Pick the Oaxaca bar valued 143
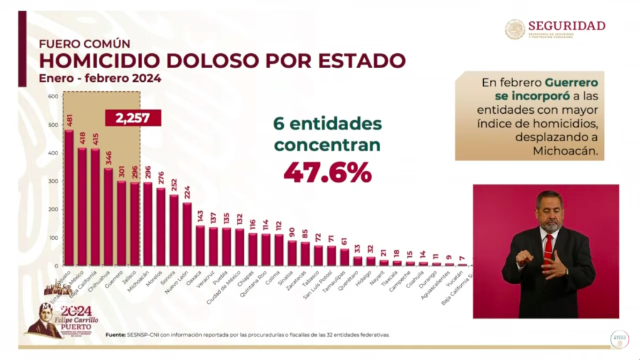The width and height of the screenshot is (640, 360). click(x=200, y=245)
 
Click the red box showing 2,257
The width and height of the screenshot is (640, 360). click(x=133, y=117)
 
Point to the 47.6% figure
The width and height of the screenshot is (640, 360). click(x=327, y=172)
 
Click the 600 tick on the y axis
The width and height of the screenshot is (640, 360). click(x=52, y=96)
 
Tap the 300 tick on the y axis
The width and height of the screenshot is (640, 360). click(x=52, y=181)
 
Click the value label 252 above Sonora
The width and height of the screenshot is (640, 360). click(x=174, y=186)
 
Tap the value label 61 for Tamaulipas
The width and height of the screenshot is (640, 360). click(x=344, y=241)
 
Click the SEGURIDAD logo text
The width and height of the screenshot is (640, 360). click(x=566, y=26)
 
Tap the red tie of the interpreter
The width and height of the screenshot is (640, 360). click(x=548, y=246)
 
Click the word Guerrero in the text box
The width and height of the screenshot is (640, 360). click(x=571, y=82)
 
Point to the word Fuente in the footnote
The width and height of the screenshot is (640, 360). click(x=114, y=334)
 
